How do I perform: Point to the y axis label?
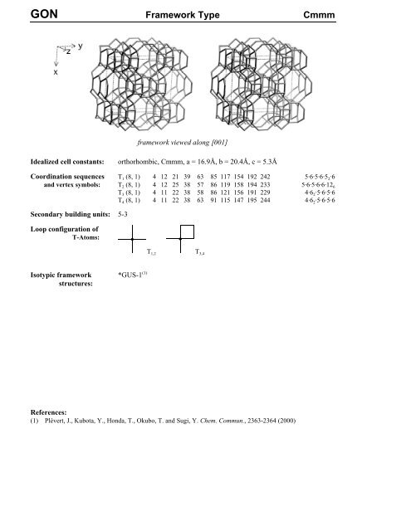[80, 46]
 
